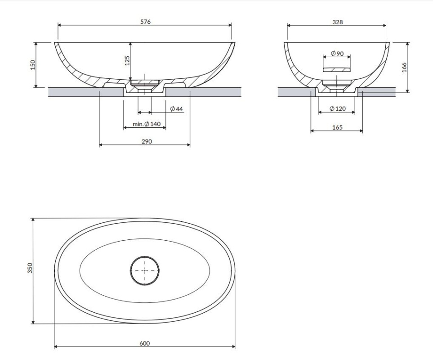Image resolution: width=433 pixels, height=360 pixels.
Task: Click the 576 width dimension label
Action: (x=145, y=22)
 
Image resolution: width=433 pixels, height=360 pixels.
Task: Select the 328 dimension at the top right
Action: (x=338, y=22)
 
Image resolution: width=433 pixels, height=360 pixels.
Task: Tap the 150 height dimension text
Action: (x=33, y=65)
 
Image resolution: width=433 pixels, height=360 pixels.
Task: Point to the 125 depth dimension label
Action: (x=127, y=60)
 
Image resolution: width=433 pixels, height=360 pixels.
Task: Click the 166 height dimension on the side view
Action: (x=404, y=67)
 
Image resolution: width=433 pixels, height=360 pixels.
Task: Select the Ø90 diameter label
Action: (x=337, y=53)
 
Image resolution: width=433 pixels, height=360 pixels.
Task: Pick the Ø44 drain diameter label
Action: (x=176, y=109)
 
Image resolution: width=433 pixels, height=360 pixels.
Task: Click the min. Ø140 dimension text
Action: (x=147, y=124)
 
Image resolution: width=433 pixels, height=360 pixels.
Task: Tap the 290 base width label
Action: (x=147, y=141)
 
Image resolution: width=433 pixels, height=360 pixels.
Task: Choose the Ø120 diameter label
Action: (x=338, y=108)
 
